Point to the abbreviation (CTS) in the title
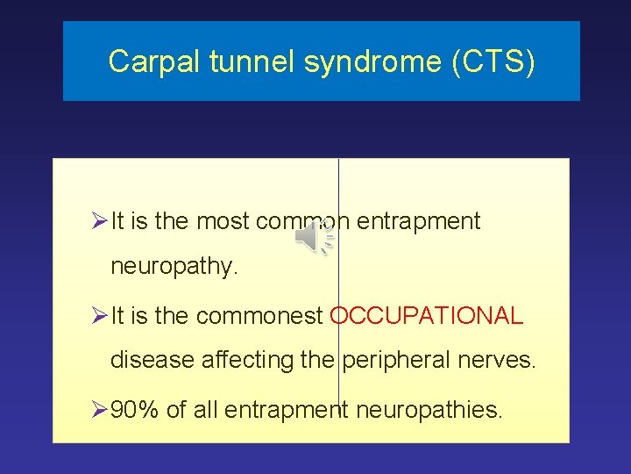coord(493,61)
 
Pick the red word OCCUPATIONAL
coord(427,316)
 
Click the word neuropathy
coord(174,266)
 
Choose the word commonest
coord(259,316)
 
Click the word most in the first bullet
coord(223,222)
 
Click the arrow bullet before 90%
coord(100,409)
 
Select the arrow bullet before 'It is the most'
coord(100,222)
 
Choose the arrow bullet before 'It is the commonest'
coord(100,316)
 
